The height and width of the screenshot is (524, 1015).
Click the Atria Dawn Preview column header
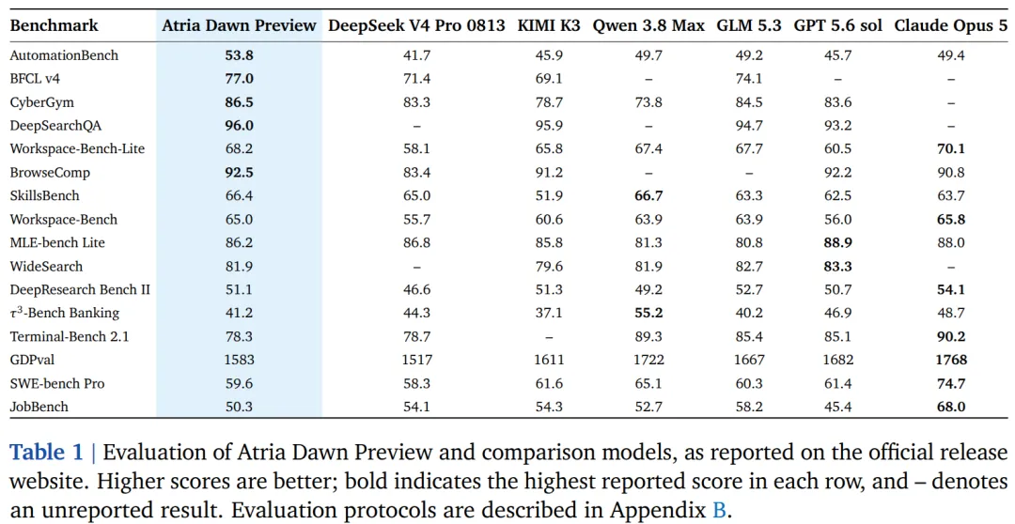click(x=239, y=26)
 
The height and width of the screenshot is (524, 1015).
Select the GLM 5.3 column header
click(x=748, y=26)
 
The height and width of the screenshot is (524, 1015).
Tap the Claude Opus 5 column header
click(x=951, y=26)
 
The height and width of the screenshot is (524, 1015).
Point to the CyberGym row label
click(x=42, y=102)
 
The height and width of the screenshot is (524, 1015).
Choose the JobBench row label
click(x=39, y=407)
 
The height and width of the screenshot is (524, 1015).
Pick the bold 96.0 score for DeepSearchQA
click(x=239, y=126)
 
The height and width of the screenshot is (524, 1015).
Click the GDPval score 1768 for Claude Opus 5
click(x=951, y=360)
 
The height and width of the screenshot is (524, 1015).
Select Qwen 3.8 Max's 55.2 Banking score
click(x=648, y=313)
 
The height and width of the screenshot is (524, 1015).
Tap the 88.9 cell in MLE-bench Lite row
click(x=837, y=242)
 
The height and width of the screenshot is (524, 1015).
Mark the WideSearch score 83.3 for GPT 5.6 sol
click(x=837, y=266)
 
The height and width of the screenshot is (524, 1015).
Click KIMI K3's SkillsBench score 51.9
click(x=548, y=196)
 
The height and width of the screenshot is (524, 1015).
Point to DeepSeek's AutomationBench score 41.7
click(x=417, y=55)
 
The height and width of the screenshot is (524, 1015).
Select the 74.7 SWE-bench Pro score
click(x=951, y=384)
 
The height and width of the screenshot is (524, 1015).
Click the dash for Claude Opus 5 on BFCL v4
click(x=951, y=79)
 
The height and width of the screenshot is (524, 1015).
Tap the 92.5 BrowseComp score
click(x=239, y=173)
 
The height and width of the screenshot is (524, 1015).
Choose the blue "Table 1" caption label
click(x=46, y=453)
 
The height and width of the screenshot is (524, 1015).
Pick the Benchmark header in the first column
click(x=55, y=26)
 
